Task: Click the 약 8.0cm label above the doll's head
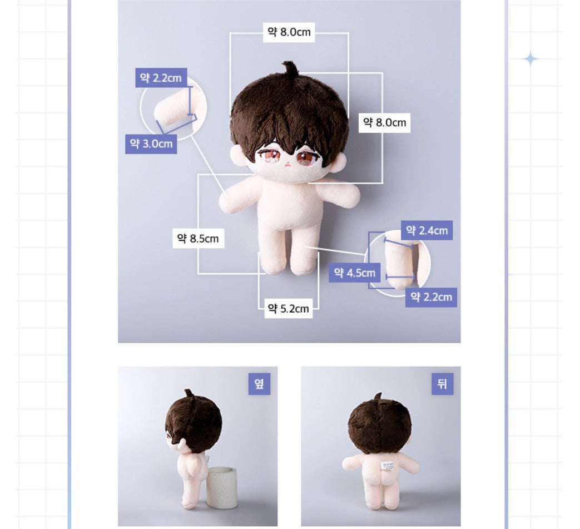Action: tap(289, 32)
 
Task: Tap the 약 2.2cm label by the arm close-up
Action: tap(161, 78)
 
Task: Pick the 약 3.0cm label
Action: tap(151, 144)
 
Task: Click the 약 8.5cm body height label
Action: tap(198, 239)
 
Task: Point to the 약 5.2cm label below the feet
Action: tap(288, 308)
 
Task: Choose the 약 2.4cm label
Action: tap(427, 230)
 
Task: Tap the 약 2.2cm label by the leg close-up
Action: tap(431, 297)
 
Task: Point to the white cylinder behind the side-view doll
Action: tap(221, 487)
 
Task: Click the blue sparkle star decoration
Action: tap(531, 58)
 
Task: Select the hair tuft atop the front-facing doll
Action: tap(290, 69)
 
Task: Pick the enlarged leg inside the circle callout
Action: tap(399, 260)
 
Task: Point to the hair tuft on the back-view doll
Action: tap(379, 396)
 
